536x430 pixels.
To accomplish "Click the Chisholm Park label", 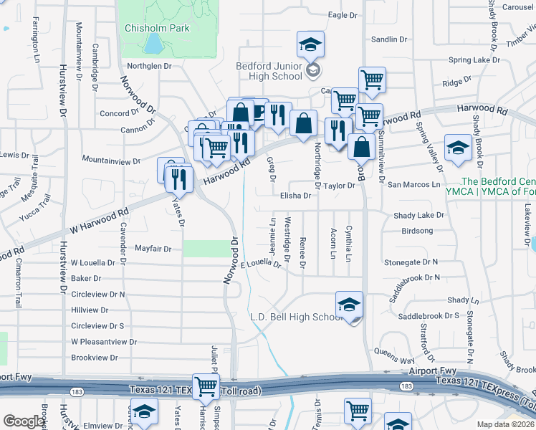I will pyautogui.click(x=157, y=28).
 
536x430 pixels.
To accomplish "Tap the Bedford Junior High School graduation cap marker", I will pyautogui.click(x=311, y=44).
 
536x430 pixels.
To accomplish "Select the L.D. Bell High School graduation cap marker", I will pyautogui.click(x=349, y=305).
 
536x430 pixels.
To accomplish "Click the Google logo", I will pyautogui.click(x=24, y=421).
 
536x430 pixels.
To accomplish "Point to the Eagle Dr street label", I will pyautogui.click(x=342, y=15).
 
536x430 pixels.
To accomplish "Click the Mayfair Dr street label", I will pyautogui.click(x=153, y=249).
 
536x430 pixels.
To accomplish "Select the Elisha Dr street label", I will pyautogui.click(x=295, y=195).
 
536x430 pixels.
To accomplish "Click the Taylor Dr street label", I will pyautogui.click(x=339, y=186).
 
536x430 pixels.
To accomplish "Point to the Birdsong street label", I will pyautogui.click(x=418, y=231).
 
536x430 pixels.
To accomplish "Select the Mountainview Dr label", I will pyautogui.click(x=109, y=160).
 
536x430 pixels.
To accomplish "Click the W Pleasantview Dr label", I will pyautogui.click(x=104, y=342).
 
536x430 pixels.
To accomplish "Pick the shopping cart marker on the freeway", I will pyautogui.click(x=206, y=387).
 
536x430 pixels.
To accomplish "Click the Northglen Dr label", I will pyautogui.click(x=150, y=66).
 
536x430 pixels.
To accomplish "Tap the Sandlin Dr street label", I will pyautogui.click(x=390, y=39).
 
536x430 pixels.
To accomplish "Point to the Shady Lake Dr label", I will pyautogui.click(x=419, y=215).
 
